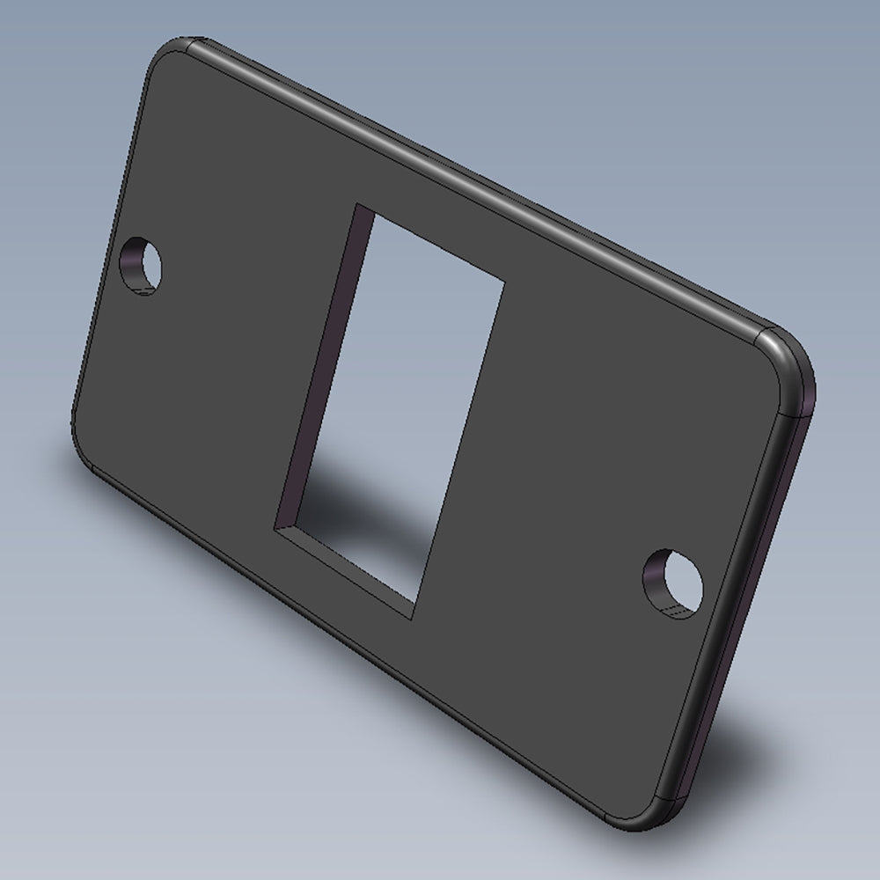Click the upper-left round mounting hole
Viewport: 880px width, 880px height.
click(x=143, y=265)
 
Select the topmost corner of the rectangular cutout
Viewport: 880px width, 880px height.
click(x=356, y=206)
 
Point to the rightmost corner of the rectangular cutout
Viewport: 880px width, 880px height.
click(x=504, y=283)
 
